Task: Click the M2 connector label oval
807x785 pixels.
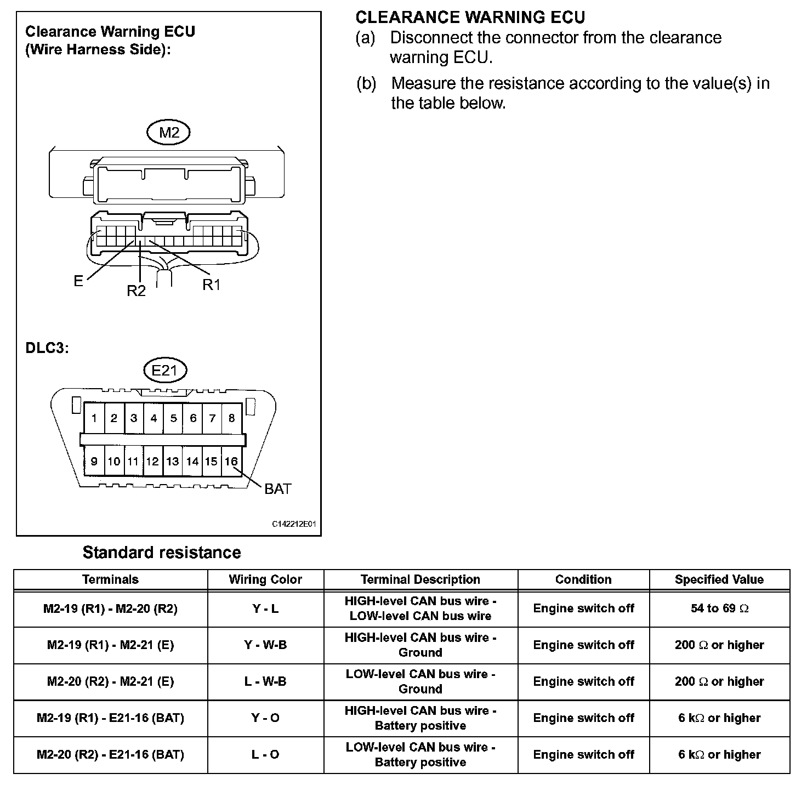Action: [169, 133]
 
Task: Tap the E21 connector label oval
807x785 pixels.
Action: [164, 371]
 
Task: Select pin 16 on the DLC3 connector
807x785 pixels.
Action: [231, 462]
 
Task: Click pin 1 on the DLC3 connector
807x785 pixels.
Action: [94, 419]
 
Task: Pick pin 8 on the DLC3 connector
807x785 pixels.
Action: [231, 419]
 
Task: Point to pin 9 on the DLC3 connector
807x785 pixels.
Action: [94, 462]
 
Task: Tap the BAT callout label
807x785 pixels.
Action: [278, 489]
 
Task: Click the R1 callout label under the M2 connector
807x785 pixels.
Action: [212, 285]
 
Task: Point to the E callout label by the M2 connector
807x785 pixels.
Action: [78, 281]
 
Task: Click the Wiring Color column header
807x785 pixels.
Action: [265, 579]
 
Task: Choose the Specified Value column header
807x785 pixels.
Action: [719, 579]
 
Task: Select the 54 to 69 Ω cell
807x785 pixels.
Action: [719, 608]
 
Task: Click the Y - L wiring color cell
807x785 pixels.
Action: [265, 608]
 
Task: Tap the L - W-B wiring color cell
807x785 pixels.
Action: [265, 681]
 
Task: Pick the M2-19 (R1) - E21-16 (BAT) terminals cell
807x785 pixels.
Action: [110, 718]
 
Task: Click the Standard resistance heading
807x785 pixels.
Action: [162, 553]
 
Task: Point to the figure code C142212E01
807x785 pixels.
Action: [294, 524]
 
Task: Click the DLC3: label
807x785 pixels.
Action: [47, 349]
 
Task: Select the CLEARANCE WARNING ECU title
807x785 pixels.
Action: [470, 18]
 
